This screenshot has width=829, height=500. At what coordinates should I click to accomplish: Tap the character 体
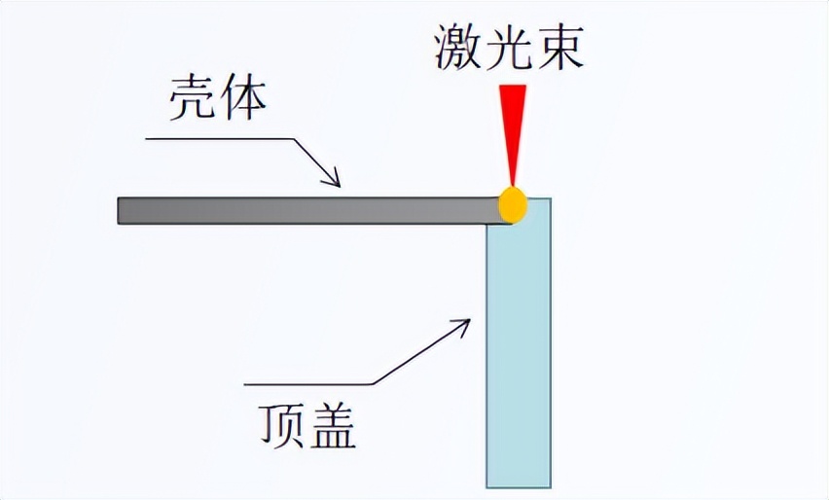coord(243,99)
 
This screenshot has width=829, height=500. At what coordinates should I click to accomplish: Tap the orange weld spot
coord(513,205)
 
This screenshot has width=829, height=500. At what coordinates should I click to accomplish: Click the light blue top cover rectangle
coord(520,350)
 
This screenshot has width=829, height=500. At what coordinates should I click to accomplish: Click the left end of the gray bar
coord(121,210)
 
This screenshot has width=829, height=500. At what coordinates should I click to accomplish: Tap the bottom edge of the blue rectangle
coord(520,486)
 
